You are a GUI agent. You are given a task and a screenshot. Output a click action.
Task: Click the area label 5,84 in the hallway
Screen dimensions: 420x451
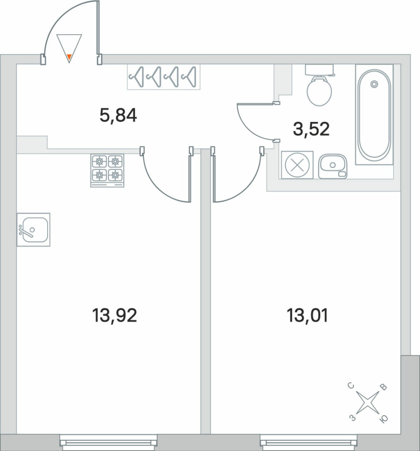pos(118,116)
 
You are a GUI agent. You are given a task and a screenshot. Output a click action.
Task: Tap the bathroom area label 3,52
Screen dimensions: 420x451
pos(311,129)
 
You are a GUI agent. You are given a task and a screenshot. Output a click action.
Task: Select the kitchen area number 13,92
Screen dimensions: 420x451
pos(114,315)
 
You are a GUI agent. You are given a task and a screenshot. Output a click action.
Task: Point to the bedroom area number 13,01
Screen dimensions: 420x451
pos(308,315)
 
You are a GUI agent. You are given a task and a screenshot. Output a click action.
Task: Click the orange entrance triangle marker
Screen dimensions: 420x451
pos(69,58)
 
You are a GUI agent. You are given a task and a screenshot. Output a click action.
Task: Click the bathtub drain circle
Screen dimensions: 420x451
pos(374,84)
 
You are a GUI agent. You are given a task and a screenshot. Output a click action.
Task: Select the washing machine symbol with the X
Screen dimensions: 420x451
pos(297,165)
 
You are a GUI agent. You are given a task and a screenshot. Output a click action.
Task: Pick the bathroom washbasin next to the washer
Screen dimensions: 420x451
pos(333,166)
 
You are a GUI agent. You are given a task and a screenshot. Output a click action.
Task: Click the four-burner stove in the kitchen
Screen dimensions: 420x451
pos(108,170)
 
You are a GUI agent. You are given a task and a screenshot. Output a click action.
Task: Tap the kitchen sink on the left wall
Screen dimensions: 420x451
pos(33,229)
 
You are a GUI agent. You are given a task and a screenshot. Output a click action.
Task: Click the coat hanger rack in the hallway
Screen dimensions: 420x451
pos(164,77)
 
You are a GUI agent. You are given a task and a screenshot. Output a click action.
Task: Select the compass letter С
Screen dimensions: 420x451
pos(351,386)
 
